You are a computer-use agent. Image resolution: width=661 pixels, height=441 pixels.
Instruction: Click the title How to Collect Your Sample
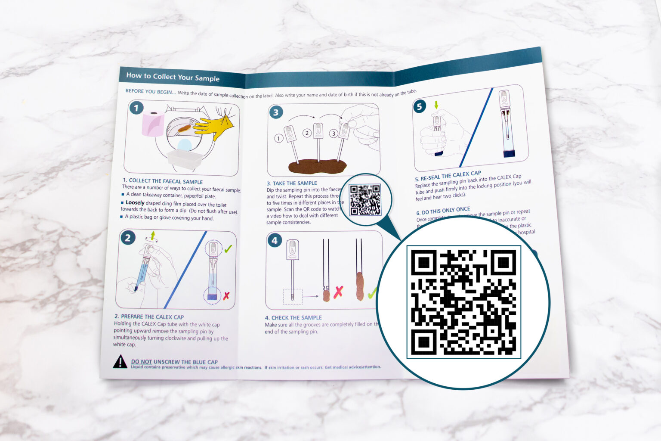[173, 77]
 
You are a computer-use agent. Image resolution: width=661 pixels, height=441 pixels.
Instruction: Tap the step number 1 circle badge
[136, 108]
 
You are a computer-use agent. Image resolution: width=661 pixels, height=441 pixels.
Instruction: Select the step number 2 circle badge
[128, 238]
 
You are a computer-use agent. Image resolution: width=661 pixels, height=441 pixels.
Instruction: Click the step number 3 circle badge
[276, 113]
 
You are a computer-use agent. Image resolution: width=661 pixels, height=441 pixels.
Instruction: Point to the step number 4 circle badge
[275, 240]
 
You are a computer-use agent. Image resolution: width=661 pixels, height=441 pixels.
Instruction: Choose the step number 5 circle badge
[420, 106]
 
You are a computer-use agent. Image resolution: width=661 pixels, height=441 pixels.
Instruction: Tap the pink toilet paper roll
[153, 123]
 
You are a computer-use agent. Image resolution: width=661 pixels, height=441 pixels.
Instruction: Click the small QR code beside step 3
[365, 199]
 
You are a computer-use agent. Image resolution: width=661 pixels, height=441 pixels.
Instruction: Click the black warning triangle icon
[120, 362]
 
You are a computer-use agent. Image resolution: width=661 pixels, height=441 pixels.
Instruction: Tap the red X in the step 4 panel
[339, 292]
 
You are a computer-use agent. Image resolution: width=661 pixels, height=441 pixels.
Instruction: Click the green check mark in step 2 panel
[228, 248]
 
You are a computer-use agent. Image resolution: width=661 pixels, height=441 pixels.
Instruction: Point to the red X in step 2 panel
[226, 295]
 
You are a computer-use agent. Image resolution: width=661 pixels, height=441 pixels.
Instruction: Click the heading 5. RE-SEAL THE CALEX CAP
[448, 176]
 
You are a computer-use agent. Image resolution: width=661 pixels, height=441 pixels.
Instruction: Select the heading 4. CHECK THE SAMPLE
[293, 318]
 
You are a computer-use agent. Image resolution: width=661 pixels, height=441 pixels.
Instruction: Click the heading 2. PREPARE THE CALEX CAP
[149, 317]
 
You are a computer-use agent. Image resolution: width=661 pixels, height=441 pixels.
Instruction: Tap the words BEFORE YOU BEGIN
[150, 91]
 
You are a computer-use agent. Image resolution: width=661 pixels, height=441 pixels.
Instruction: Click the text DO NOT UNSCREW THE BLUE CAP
[174, 362]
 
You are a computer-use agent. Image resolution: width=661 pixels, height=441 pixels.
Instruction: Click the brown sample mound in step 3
[317, 166]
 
